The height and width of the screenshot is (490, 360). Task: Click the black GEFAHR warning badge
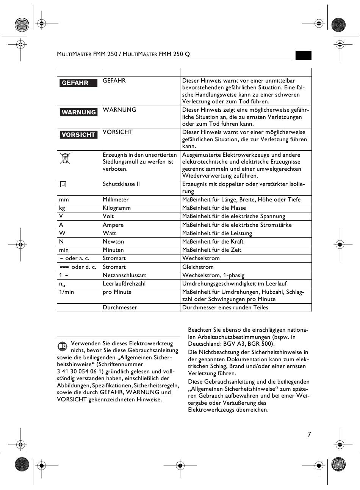tap(78, 83)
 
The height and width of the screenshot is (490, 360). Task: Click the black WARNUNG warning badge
tap(78, 112)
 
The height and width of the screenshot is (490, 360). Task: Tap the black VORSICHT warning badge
tap(78, 134)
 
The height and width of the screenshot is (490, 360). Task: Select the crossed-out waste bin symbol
tap(65, 158)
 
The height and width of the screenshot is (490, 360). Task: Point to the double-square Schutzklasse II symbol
tap(63, 184)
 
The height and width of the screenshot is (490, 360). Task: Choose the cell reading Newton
tap(113, 242)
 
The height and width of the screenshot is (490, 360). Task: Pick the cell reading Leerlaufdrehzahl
tap(124, 284)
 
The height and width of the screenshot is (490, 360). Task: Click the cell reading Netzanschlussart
tap(124, 275)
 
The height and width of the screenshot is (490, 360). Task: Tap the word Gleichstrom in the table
tap(198, 267)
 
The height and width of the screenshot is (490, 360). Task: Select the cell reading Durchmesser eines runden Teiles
tap(225, 307)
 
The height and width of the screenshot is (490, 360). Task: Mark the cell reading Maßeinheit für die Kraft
tap(213, 242)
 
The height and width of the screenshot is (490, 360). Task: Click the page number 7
tap(309, 434)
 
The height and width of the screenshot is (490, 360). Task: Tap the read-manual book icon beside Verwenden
tap(63, 346)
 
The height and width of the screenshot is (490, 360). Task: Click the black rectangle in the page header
tap(304, 55)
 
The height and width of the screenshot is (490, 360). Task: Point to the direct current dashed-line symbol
tap(64, 267)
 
